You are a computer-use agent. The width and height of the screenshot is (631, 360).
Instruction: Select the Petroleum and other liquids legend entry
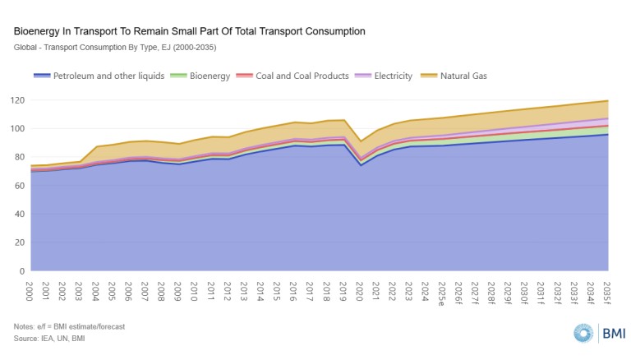108,76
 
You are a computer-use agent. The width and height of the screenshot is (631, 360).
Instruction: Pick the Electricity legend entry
393,76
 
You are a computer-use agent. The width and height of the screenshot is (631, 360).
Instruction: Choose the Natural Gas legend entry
462,76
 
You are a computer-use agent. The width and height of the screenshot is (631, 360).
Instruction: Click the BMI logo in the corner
601,333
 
